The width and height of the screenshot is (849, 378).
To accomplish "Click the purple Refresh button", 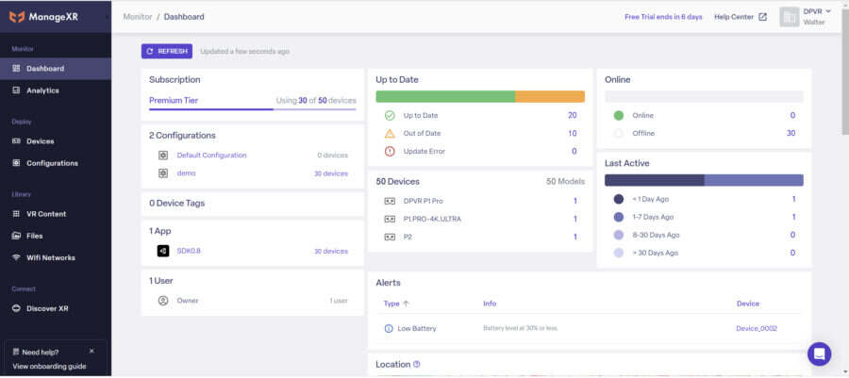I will point(166,51).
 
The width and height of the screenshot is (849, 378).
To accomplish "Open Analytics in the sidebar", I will point(42,90).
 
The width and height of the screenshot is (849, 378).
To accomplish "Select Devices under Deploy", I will point(40,141).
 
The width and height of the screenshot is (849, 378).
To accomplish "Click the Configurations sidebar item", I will point(52,163).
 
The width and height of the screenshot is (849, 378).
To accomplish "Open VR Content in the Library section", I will point(46,214).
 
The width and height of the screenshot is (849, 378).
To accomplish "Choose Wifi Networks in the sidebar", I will point(50,257).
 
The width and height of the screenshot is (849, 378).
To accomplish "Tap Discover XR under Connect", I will point(47,308).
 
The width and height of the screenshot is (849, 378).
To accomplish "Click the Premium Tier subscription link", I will point(174,100).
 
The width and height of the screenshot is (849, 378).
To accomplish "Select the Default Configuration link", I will point(211,155).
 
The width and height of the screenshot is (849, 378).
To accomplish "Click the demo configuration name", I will point(186,173).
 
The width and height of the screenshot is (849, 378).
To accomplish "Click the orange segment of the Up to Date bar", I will point(550,96).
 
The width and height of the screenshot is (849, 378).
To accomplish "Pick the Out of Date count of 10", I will point(572,133).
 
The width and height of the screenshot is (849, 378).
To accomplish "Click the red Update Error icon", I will point(390,151).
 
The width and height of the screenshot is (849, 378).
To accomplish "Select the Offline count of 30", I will point(791,133).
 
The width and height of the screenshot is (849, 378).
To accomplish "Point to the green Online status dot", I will point(618,115).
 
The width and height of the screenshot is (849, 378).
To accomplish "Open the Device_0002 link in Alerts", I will point(757,328).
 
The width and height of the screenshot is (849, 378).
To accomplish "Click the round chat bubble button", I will point(819,353).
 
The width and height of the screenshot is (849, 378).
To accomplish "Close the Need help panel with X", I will point(92,351).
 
